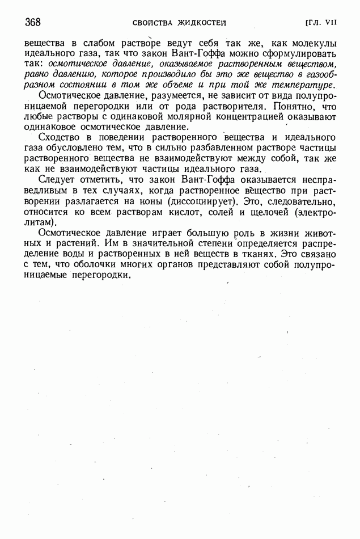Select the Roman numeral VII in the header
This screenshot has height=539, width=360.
pyautogui.click(x=331, y=23)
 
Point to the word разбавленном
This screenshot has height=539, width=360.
pyautogui.click(x=212, y=148)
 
